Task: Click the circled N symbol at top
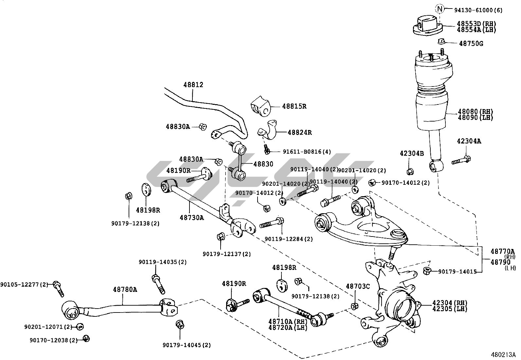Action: pyautogui.click(x=440, y=9)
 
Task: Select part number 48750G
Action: pyautogui.click(x=471, y=44)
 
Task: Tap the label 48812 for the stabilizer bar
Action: pyautogui.click(x=193, y=85)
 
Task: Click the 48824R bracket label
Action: pyautogui.click(x=299, y=133)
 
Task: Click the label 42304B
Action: pyautogui.click(x=412, y=153)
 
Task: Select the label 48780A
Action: pyautogui.click(x=125, y=290)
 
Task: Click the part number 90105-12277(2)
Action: pyautogui.click(x=24, y=284)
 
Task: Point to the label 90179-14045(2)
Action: pyautogui.click(x=187, y=345)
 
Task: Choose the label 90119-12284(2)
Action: pyautogui.click(x=289, y=239)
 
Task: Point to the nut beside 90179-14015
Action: pyautogui.click(x=427, y=271)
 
